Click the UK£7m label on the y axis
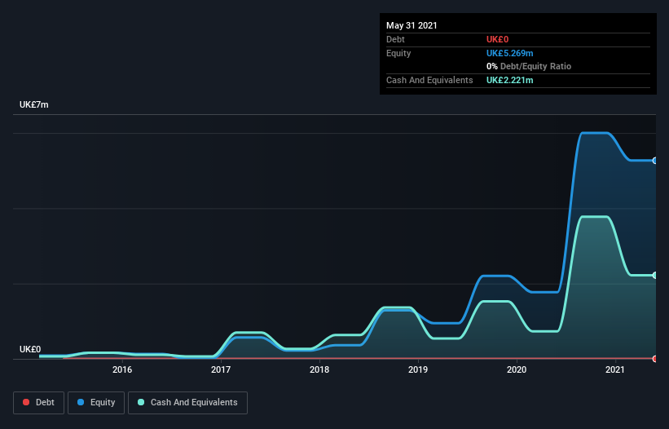(x=34, y=105)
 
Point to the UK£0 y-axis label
(x=30, y=349)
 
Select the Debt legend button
(x=38, y=402)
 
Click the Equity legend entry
(x=96, y=402)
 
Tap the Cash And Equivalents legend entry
(x=187, y=402)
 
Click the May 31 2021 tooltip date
(x=412, y=25)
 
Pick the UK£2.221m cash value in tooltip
(x=509, y=80)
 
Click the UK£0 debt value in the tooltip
(x=498, y=39)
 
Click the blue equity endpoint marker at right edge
(x=654, y=161)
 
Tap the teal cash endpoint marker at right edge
(x=654, y=276)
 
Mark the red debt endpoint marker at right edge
(x=654, y=359)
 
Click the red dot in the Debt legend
(x=26, y=402)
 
